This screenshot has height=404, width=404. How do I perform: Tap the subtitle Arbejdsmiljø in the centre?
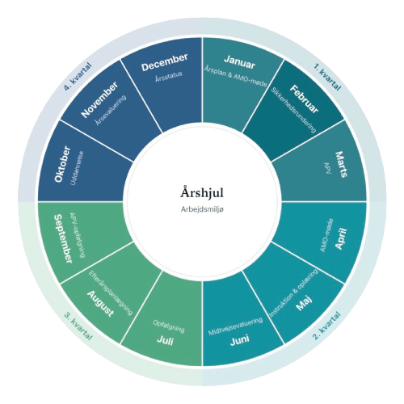click(x=202, y=209)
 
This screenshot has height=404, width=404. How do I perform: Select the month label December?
click(x=165, y=62)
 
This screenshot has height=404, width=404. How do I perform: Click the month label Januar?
click(x=239, y=62)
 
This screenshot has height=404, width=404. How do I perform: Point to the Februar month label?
click(x=304, y=99)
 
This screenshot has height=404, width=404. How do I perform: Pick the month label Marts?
click(x=341, y=164)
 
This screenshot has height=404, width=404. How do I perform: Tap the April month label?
click(x=341, y=238)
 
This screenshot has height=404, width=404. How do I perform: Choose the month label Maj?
click(x=304, y=303)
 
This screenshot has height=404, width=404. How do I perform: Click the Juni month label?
click(x=240, y=340)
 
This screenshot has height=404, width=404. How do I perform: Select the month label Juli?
click(x=165, y=340)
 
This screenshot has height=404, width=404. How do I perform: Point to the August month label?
click(x=100, y=304)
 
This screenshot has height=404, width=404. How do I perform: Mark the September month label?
click(x=63, y=238)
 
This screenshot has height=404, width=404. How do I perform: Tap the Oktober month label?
click(x=63, y=164)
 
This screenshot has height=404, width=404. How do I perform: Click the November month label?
click(x=100, y=99)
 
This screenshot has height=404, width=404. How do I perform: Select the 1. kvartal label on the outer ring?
click(x=327, y=77)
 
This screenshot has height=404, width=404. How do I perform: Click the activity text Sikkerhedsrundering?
click(x=293, y=110)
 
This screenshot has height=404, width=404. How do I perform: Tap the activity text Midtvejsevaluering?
click(x=236, y=326)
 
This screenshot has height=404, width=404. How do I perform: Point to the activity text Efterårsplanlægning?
click(x=111, y=292)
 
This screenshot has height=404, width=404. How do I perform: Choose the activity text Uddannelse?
click(x=77, y=168)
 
